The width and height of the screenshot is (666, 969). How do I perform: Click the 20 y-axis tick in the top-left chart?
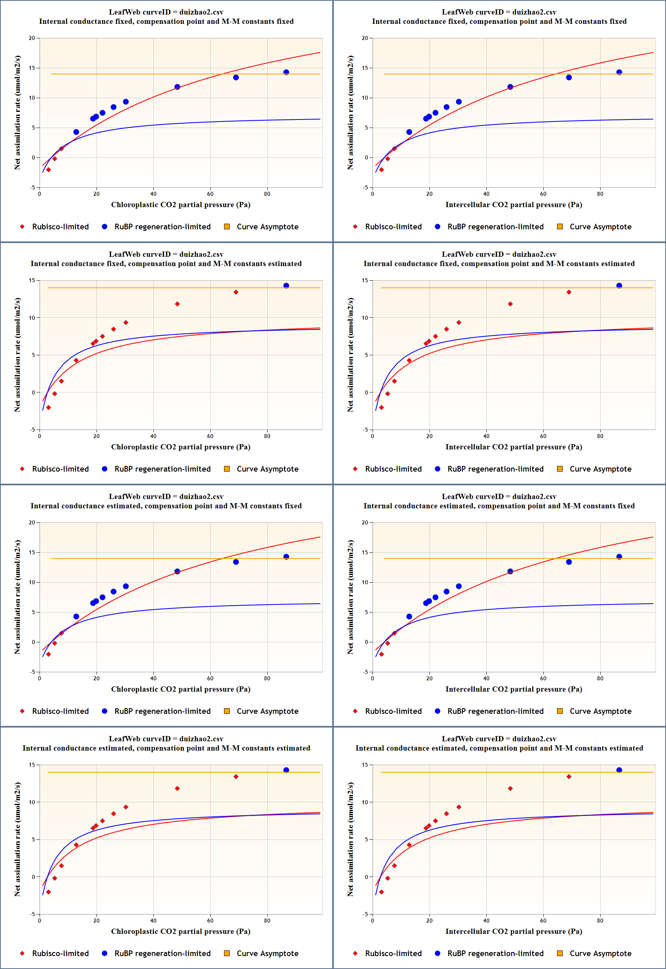(x=32, y=38)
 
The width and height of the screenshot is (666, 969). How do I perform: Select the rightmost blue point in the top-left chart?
(x=286, y=72)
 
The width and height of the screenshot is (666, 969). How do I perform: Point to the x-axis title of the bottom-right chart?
(x=513, y=931)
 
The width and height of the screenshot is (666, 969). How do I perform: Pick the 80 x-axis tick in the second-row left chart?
(x=267, y=436)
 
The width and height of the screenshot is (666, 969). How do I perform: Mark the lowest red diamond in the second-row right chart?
(x=381, y=407)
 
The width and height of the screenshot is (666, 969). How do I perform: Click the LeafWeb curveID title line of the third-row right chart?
(x=498, y=496)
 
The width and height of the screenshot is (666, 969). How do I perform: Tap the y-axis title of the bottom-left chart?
(x=17, y=839)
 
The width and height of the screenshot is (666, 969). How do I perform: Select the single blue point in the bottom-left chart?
(x=286, y=770)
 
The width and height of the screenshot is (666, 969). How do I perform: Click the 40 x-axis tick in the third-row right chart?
(x=486, y=678)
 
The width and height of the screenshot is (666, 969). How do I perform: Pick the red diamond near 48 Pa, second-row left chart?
(x=177, y=304)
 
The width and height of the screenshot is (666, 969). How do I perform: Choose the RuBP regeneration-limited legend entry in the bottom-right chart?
(x=495, y=953)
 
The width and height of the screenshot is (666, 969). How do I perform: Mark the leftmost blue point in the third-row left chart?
(x=76, y=617)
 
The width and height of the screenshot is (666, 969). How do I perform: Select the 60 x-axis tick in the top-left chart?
(x=210, y=194)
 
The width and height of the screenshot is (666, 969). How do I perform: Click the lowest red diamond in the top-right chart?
(x=381, y=170)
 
